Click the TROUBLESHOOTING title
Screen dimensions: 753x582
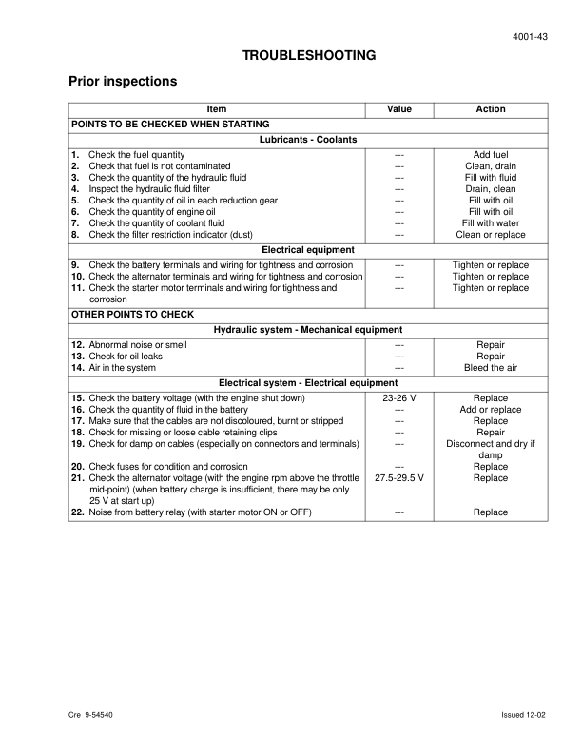point(309,56)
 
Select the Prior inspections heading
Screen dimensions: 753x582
point(124,82)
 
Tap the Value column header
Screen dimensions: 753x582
point(399,109)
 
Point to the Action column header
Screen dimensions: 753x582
point(491,109)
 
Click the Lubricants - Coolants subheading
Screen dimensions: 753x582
point(309,140)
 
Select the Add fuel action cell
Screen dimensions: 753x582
point(491,155)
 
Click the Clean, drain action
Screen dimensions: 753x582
point(491,166)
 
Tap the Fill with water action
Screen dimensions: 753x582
point(491,223)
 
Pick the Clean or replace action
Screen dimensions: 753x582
point(491,235)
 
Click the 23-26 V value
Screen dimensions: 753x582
point(399,398)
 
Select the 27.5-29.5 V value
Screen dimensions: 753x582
point(399,478)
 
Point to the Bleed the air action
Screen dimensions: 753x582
point(491,368)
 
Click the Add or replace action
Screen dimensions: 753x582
point(491,410)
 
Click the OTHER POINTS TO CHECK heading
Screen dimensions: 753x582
point(133,314)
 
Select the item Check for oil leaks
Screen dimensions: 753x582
point(127,357)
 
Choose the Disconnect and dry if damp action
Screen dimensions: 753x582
point(491,450)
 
